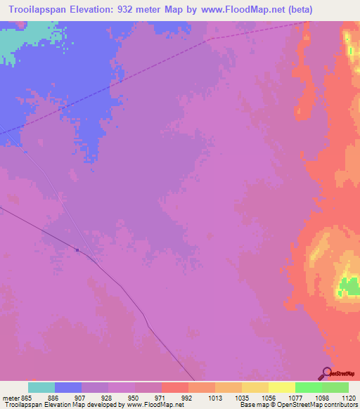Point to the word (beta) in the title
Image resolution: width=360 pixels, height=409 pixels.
297,9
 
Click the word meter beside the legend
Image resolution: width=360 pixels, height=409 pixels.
11,397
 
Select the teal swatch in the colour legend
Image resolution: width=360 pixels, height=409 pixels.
41,387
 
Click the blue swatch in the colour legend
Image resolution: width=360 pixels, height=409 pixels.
68,387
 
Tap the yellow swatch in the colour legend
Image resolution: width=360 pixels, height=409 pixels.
281,387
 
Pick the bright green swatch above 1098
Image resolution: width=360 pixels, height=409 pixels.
308,387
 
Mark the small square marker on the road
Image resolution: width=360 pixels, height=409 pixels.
77,249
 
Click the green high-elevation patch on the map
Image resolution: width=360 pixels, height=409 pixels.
348,286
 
